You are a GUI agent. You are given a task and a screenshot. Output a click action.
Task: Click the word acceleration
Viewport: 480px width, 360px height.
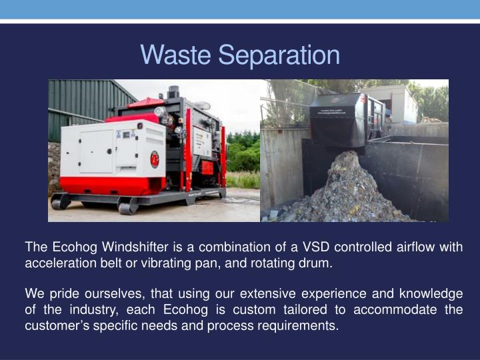[57, 262]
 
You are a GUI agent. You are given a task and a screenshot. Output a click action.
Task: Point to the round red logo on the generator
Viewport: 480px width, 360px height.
[154, 159]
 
